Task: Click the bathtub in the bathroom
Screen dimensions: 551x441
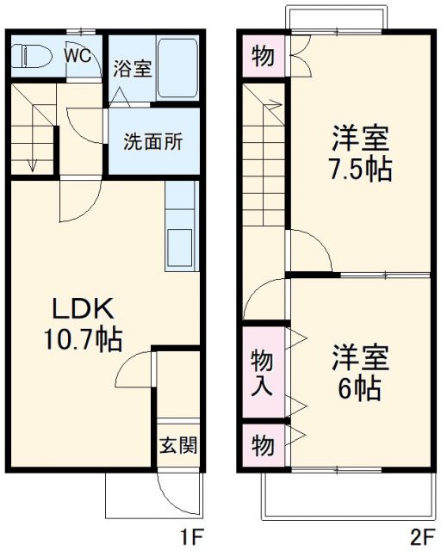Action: pos(179,67)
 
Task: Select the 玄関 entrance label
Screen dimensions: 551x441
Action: pos(179,445)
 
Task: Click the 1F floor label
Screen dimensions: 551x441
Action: pos(191,538)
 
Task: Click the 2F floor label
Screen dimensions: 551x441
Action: pos(424,538)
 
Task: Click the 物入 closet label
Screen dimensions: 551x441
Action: pos(262,371)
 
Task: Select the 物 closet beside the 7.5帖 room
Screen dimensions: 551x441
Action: pos(262,57)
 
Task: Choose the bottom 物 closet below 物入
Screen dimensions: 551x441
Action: pos(262,446)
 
